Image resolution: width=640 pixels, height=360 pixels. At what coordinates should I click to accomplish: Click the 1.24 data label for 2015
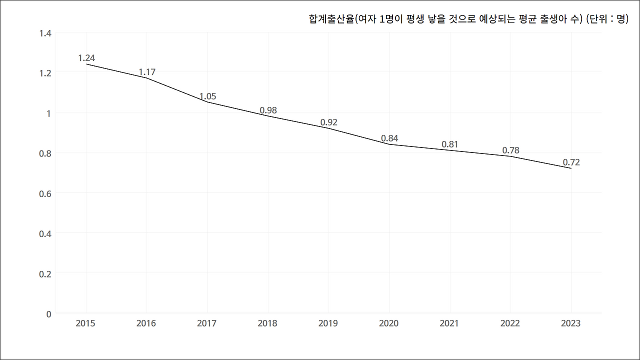click(86, 58)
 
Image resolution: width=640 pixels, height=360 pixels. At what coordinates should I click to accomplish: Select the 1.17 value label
click(147, 72)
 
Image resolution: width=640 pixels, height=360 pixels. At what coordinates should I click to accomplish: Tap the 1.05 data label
click(207, 96)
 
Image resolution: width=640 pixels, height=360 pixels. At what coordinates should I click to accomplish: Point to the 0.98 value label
click(268, 110)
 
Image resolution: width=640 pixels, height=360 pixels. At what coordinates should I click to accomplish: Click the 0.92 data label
click(328, 122)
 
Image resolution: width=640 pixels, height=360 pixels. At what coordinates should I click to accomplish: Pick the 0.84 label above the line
click(389, 138)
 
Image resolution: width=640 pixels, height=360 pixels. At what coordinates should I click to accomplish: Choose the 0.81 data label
click(449, 144)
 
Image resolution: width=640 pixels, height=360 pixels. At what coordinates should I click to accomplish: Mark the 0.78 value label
click(510, 150)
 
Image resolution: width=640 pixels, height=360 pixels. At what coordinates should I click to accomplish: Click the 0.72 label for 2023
click(571, 162)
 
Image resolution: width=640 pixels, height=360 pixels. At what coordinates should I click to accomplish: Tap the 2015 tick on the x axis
click(85, 323)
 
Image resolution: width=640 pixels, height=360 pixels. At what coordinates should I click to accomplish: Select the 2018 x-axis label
click(267, 323)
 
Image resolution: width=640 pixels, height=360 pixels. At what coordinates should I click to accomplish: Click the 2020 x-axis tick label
click(388, 323)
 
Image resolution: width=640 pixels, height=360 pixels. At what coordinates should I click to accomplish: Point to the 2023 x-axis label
click(570, 323)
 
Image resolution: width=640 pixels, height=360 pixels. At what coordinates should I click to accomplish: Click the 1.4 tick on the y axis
click(45, 33)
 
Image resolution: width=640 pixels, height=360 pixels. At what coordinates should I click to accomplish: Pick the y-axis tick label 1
click(49, 113)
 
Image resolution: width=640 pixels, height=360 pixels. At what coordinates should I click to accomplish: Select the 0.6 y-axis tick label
click(45, 193)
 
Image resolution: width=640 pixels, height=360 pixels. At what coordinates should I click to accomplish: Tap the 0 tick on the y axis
click(48, 314)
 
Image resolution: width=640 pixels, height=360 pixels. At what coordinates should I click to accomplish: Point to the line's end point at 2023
click(571, 168)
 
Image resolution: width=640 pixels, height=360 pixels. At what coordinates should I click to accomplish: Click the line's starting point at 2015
click(86, 64)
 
